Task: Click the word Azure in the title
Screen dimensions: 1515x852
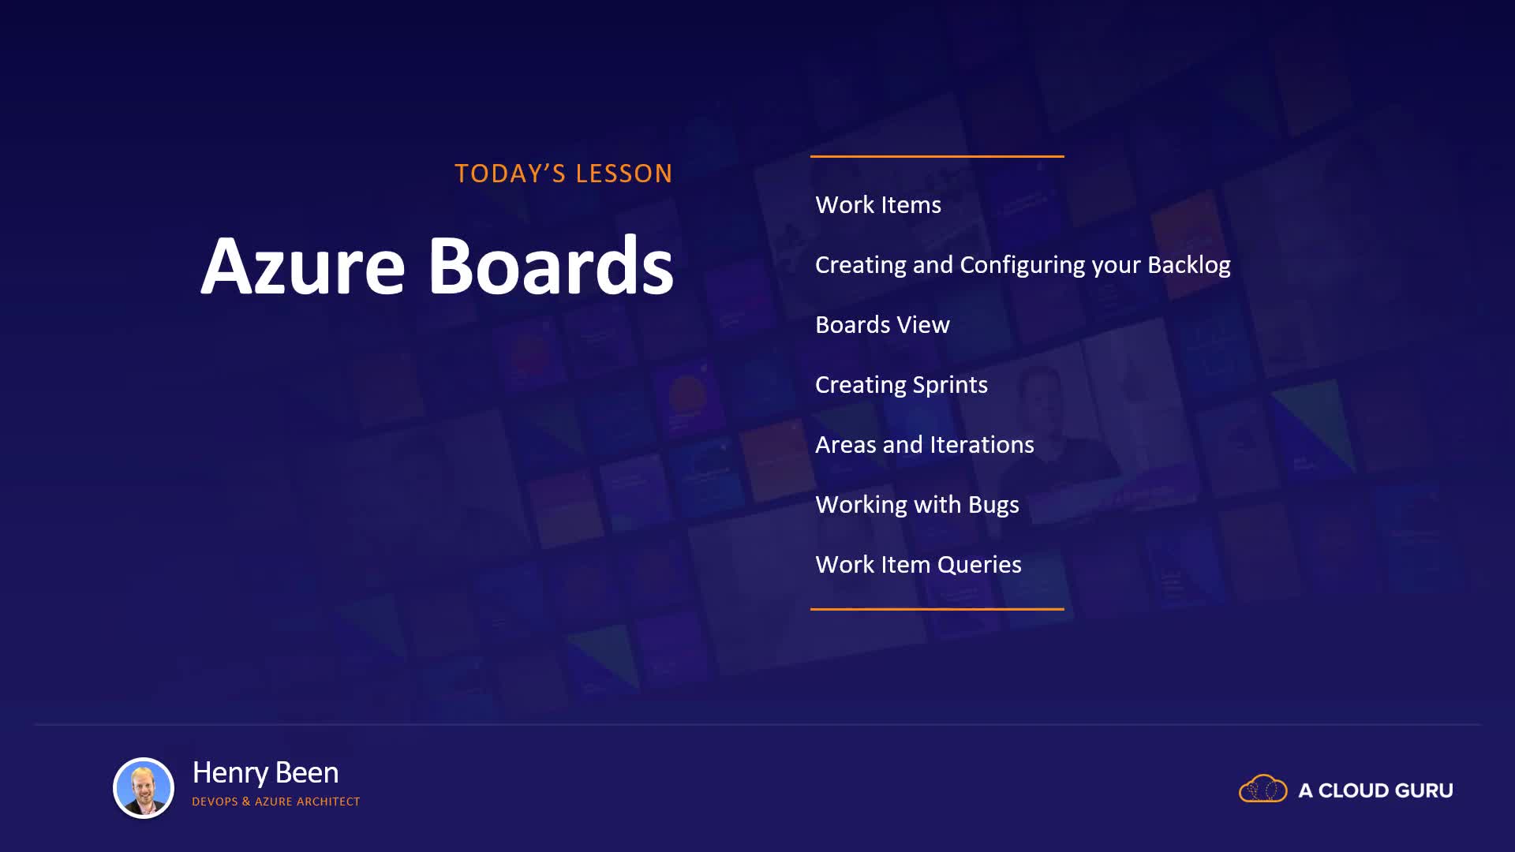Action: (303, 266)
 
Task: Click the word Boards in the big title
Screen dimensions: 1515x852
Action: (551, 265)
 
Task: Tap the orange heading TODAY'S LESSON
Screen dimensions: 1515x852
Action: (563, 174)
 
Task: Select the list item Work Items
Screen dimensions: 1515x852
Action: (878, 205)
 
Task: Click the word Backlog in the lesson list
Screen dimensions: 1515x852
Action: (1189, 265)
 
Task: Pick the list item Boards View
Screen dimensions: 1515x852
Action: (882, 325)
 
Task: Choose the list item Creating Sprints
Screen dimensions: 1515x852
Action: (901, 385)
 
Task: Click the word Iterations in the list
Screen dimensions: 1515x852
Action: (982, 445)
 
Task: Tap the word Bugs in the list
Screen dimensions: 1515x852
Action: (993, 506)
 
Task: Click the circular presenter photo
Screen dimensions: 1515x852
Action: (144, 788)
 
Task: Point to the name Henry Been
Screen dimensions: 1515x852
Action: (265, 773)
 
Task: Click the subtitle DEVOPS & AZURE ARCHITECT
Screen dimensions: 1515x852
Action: (275, 802)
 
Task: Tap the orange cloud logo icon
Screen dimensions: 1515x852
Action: (1262, 789)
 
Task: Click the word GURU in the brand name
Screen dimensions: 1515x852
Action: (1424, 790)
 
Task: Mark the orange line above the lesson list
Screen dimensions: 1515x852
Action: (937, 156)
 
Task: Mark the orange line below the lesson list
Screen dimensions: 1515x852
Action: (937, 609)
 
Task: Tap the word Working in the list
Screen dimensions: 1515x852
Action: (861, 506)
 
